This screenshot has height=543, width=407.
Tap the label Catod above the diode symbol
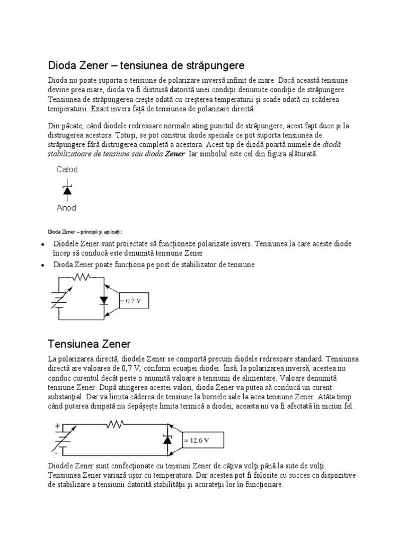point(67,170)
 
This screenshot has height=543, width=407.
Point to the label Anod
point(66,208)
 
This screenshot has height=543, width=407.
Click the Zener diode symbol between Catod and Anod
point(67,189)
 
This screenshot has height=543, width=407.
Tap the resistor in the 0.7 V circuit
point(82,277)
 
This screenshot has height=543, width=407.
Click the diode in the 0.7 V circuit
point(104,301)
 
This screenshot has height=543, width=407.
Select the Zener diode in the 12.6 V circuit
point(167,440)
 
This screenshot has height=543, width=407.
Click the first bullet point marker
point(42,245)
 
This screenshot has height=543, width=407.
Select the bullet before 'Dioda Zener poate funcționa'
point(42,265)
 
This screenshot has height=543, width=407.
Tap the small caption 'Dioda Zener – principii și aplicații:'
point(85,232)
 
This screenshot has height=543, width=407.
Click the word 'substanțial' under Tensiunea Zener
point(65,396)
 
